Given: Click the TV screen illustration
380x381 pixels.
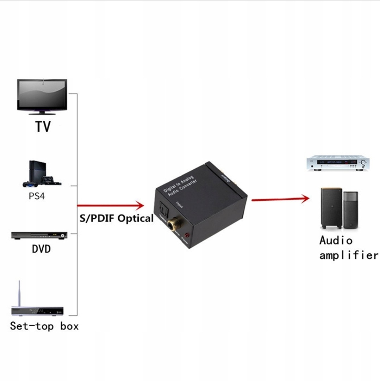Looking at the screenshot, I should pyautogui.click(x=42, y=95).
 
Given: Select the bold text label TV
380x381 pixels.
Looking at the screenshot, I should pyautogui.click(x=43, y=126).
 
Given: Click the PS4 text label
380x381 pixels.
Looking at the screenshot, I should pyautogui.click(x=37, y=196).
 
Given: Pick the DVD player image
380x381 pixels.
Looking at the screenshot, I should pyautogui.click(x=39, y=236).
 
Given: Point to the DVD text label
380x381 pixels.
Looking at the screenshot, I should pyautogui.click(x=41, y=249).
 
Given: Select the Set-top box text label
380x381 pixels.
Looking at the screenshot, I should pyautogui.click(x=44, y=326).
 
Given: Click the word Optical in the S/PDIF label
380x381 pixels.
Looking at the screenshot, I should pyautogui.click(x=136, y=218).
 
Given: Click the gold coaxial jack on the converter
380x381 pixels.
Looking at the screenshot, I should pyautogui.click(x=175, y=225).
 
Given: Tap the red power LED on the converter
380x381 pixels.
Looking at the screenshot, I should pyautogui.click(x=186, y=235).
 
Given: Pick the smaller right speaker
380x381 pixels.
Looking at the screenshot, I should pyautogui.click(x=351, y=210).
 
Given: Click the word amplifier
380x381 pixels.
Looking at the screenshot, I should pyautogui.click(x=349, y=255).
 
